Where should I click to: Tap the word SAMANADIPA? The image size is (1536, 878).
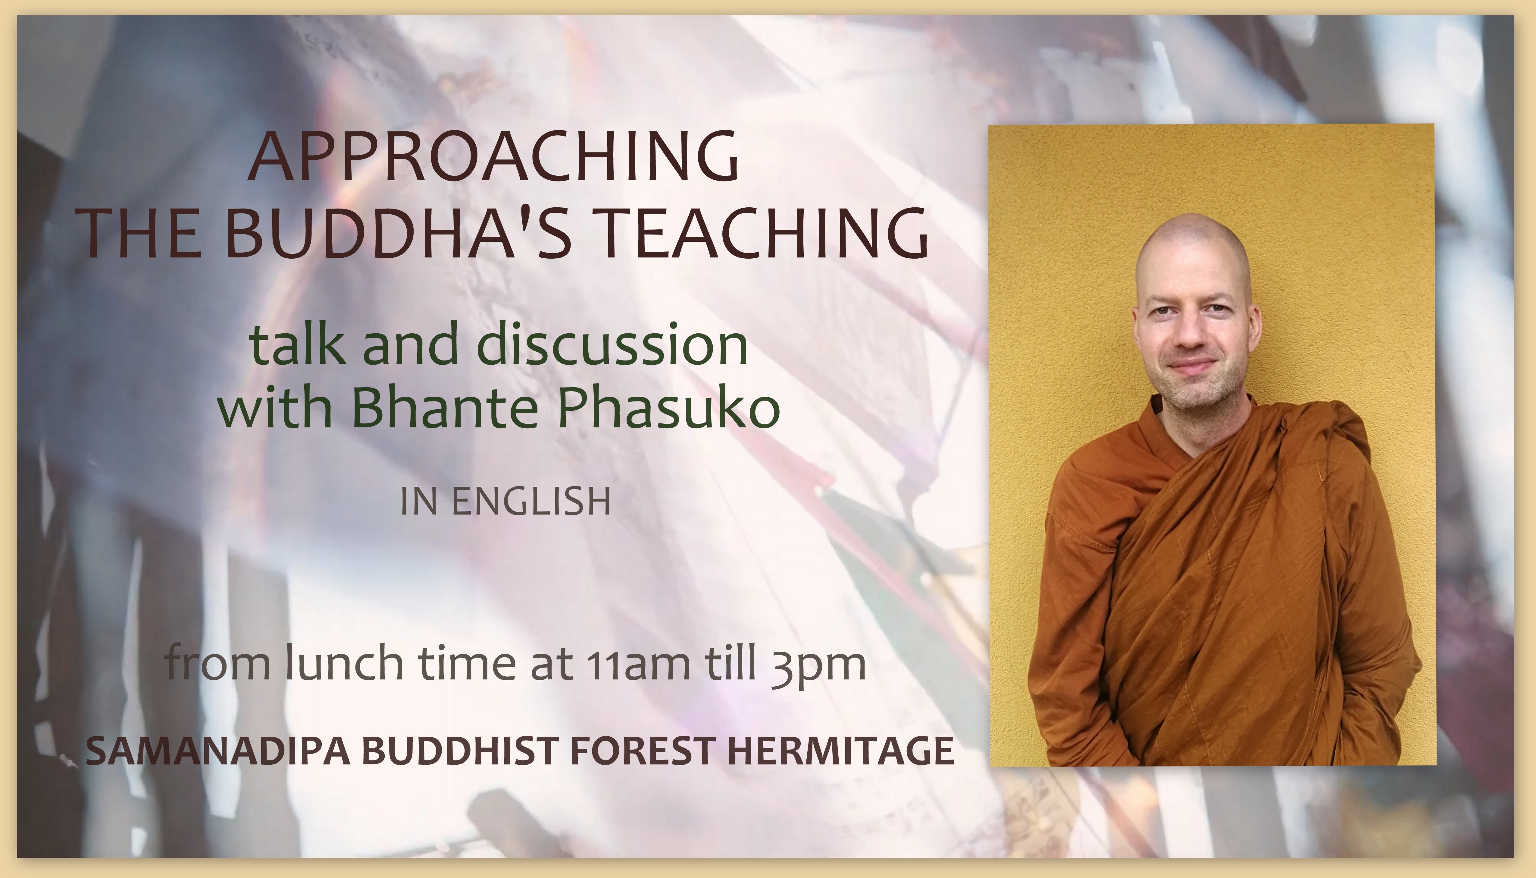point(218,751)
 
